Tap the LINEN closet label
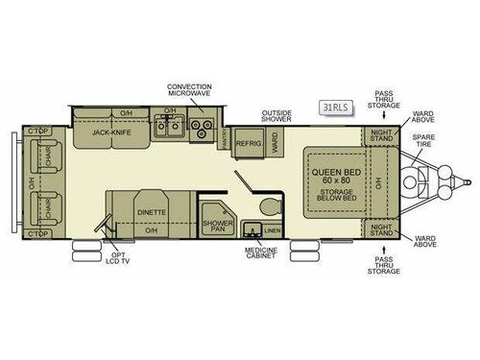click(x=273, y=230)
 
